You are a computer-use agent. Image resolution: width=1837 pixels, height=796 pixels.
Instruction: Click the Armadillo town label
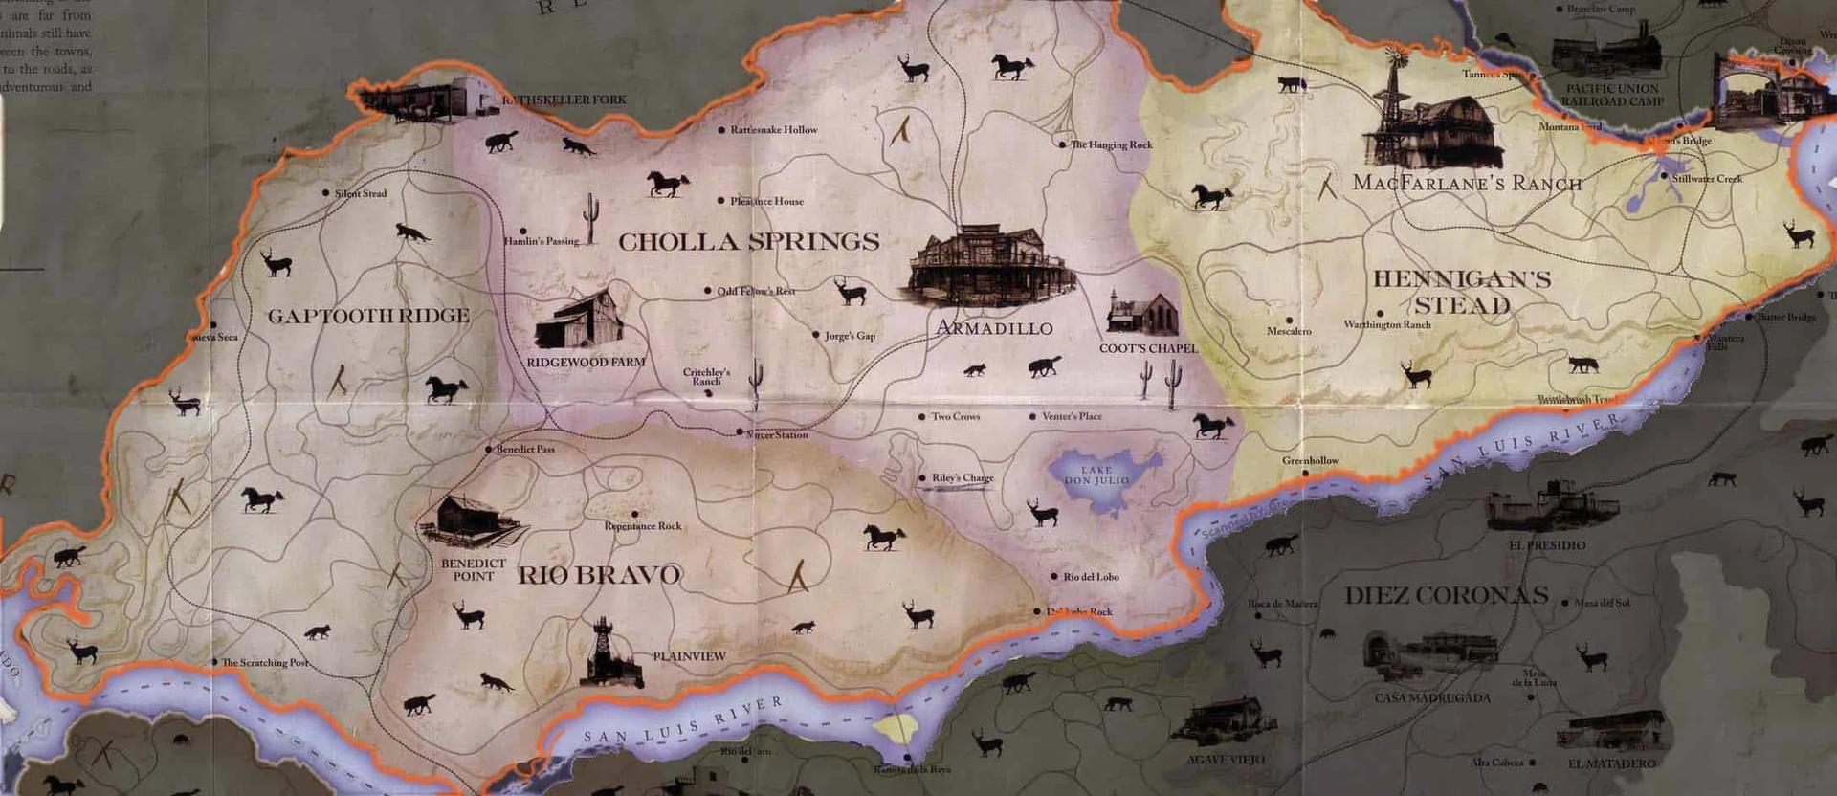(x=994, y=328)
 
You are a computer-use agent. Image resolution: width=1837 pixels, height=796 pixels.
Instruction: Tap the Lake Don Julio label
(x=1097, y=475)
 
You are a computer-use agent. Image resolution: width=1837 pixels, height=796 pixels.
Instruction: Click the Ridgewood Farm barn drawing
(x=580, y=321)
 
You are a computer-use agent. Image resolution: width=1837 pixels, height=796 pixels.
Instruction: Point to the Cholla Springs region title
(x=748, y=242)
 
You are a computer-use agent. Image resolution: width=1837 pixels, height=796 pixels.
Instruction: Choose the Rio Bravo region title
(x=599, y=575)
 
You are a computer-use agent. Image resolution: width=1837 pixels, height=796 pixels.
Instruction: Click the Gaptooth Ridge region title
(x=368, y=317)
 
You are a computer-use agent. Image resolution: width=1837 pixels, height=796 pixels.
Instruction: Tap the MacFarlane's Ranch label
(x=1467, y=183)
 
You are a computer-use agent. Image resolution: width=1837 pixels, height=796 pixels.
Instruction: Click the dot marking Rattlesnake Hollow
(x=722, y=130)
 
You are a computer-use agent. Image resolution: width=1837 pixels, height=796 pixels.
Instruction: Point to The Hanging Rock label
(x=1111, y=145)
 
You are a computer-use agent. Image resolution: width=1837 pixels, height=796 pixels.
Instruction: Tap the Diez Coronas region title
(x=1446, y=595)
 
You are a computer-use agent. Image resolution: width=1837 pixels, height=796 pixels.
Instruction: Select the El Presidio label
(x=1547, y=545)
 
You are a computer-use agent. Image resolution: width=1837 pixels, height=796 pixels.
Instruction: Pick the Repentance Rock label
(x=643, y=526)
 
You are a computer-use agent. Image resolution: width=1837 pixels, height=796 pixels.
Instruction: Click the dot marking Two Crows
(x=921, y=417)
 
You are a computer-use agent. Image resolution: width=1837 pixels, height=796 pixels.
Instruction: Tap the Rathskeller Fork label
(x=564, y=99)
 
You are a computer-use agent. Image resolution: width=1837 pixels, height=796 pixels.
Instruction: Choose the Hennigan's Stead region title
(x=1462, y=292)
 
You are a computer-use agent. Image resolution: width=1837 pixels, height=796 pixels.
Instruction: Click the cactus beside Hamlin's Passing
(x=591, y=219)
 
